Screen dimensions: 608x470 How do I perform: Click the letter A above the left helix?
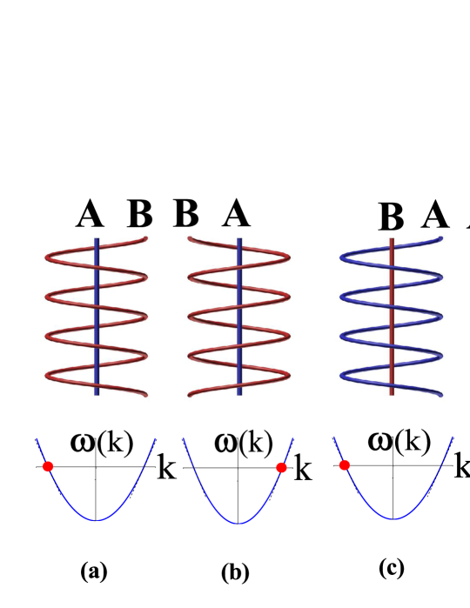coord(89,219)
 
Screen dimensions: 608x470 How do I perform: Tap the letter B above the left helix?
coord(139,220)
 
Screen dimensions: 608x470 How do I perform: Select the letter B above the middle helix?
coord(186,219)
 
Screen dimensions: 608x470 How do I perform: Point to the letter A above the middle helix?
coord(236,219)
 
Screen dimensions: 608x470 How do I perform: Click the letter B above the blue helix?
coord(391,223)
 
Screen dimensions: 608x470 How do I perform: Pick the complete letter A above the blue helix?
coord(434,220)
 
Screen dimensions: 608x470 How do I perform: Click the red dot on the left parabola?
coord(48,466)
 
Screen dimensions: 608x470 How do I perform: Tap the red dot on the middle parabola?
coord(281,467)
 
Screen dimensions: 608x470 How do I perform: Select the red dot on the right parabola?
coord(344,465)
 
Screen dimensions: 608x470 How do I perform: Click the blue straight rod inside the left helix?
coord(97,317)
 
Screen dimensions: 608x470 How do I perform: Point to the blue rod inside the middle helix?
coord(239,317)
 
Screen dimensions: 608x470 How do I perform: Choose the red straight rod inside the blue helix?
coord(392,317)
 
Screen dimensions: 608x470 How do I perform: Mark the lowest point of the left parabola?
coord(97,520)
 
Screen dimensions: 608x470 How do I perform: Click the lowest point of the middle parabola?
coord(238,524)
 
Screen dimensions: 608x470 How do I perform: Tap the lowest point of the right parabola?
coord(393,518)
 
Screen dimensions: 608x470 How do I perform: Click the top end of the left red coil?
coord(144,238)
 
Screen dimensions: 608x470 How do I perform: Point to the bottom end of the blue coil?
coord(440,395)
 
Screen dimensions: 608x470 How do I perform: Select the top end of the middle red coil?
coord(190,238)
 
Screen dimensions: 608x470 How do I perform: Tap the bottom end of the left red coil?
coord(144,395)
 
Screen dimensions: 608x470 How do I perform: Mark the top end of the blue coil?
coord(440,238)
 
